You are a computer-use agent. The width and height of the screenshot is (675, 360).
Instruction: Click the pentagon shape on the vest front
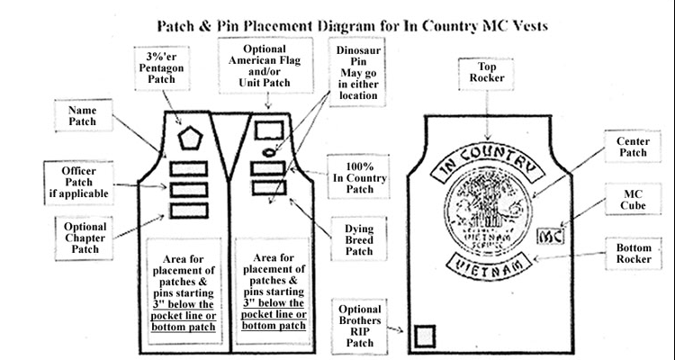point(189,139)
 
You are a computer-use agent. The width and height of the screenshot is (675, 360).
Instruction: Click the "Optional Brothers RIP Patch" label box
point(356,323)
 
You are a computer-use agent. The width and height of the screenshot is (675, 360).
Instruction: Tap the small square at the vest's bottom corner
point(424,336)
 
